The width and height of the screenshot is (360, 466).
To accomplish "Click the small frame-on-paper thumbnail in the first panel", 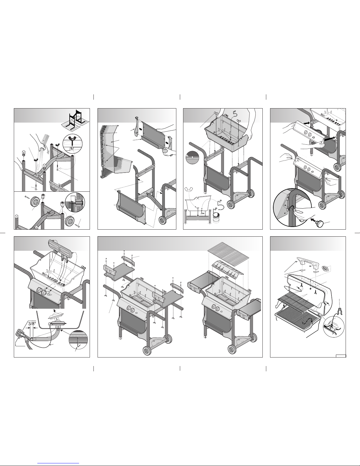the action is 75,120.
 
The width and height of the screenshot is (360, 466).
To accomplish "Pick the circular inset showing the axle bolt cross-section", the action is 75,202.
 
